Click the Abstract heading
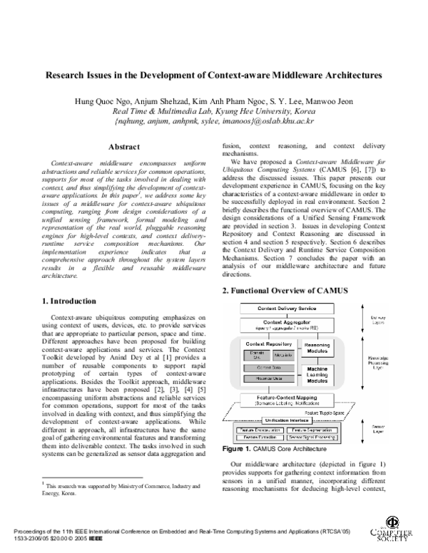pos(123,146)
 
